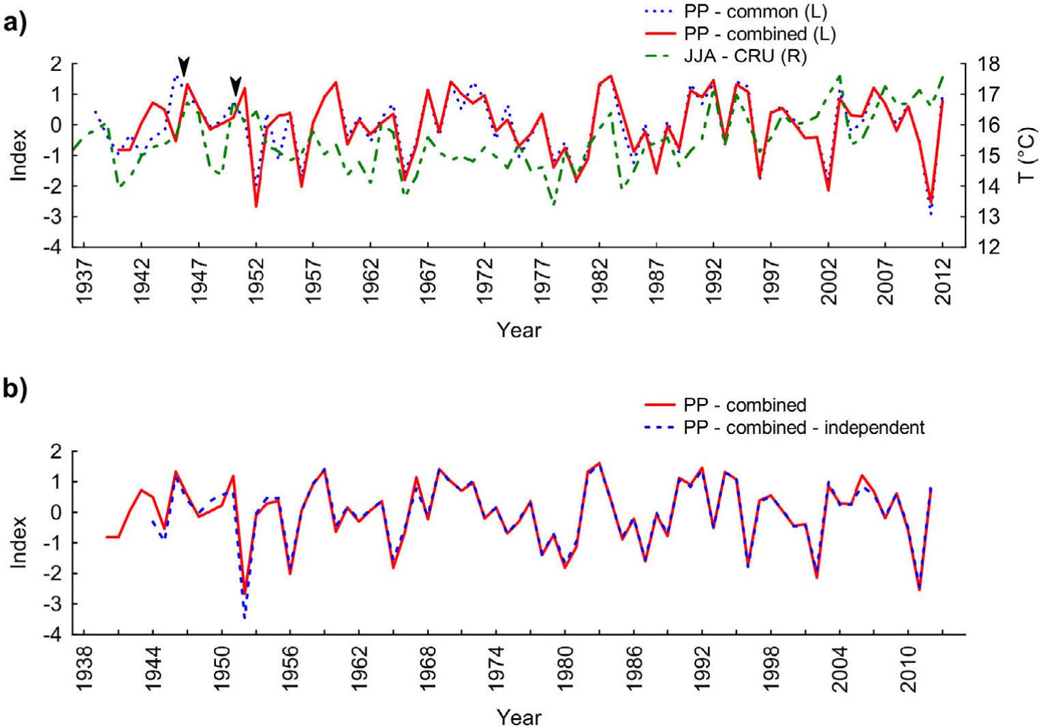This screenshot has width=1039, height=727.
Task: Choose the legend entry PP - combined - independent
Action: tap(804, 428)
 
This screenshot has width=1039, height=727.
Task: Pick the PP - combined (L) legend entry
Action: tap(759, 34)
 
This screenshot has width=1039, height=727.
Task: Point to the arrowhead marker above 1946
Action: tap(183, 67)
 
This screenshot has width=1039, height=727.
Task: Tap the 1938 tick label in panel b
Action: tap(84, 668)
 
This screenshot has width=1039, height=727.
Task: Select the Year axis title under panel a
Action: tap(518, 330)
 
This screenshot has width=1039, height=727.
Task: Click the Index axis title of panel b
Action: tap(18, 542)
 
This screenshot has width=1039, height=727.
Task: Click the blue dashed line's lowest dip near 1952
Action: tap(245, 617)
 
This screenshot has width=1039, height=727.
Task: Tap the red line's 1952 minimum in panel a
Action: tap(256, 206)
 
